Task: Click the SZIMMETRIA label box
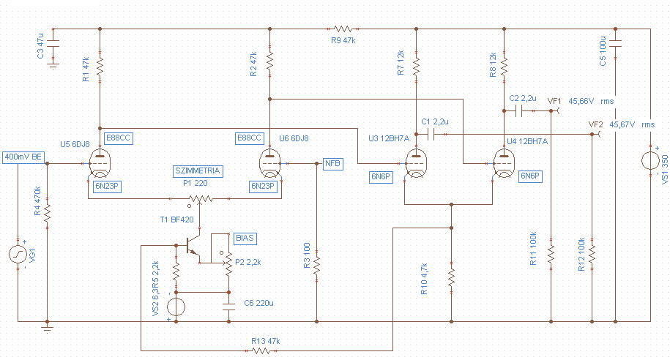pyautogui.click(x=197, y=170)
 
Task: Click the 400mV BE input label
pyautogui.click(x=23, y=157)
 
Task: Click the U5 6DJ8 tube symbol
pyautogui.click(x=99, y=159)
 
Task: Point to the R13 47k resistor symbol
pyautogui.click(x=261, y=350)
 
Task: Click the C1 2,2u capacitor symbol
pyautogui.click(x=433, y=135)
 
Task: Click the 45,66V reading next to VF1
pyautogui.click(x=581, y=101)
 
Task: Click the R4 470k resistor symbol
pyautogui.click(x=47, y=211)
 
